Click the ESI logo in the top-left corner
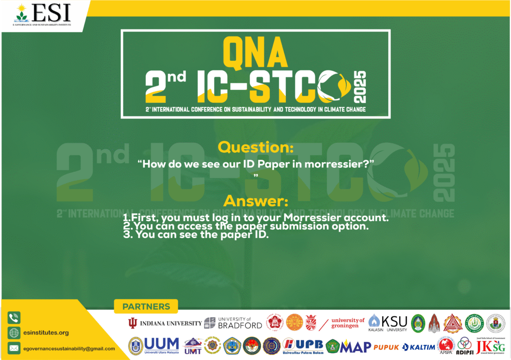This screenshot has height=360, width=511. (42, 14)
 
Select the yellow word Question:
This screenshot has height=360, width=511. (253, 147)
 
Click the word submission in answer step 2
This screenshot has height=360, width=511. (309, 227)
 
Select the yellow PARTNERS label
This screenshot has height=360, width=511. (146, 307)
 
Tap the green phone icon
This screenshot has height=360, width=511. (14, 318)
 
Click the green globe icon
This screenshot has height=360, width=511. (14, 333)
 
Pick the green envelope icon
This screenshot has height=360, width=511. (14, 349)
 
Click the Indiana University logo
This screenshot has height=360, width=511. (165, 323)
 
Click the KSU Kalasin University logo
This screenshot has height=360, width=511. (388, 323)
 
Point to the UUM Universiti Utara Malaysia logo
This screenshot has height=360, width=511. (154, 345)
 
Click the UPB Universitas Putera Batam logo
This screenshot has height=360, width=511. (303, 345)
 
